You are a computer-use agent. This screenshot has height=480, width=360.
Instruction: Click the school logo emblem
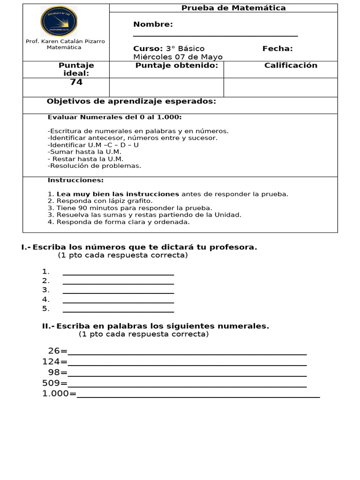pos(59,21)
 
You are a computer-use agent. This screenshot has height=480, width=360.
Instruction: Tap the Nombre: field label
pos(153,24)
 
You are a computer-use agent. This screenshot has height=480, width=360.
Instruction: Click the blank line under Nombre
pos(215,36)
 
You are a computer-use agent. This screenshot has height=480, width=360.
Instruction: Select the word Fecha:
pos(277,49)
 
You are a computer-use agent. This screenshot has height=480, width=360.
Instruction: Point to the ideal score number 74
pos(76,82)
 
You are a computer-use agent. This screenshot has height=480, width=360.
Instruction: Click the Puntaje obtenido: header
pos(177,66)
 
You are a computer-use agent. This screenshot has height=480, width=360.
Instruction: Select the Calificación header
pos(291,66)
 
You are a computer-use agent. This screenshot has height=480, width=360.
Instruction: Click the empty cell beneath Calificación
pos(280,87)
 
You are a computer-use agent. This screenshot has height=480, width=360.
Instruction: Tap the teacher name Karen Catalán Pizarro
pos(65,41)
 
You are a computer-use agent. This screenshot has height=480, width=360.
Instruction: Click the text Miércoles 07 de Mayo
pos(178,57)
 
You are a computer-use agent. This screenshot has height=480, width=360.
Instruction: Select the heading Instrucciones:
pos(75,180)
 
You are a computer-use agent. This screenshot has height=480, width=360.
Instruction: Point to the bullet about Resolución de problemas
pos(94,165)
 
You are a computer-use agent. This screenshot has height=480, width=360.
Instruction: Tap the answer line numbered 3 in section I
pos(118,292)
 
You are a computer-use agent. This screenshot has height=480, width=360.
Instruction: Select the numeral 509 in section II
pos(51,383)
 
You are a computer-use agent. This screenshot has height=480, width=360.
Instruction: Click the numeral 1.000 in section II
pos(56,394)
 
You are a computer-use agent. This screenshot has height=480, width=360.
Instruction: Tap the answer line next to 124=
pos(187,364)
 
